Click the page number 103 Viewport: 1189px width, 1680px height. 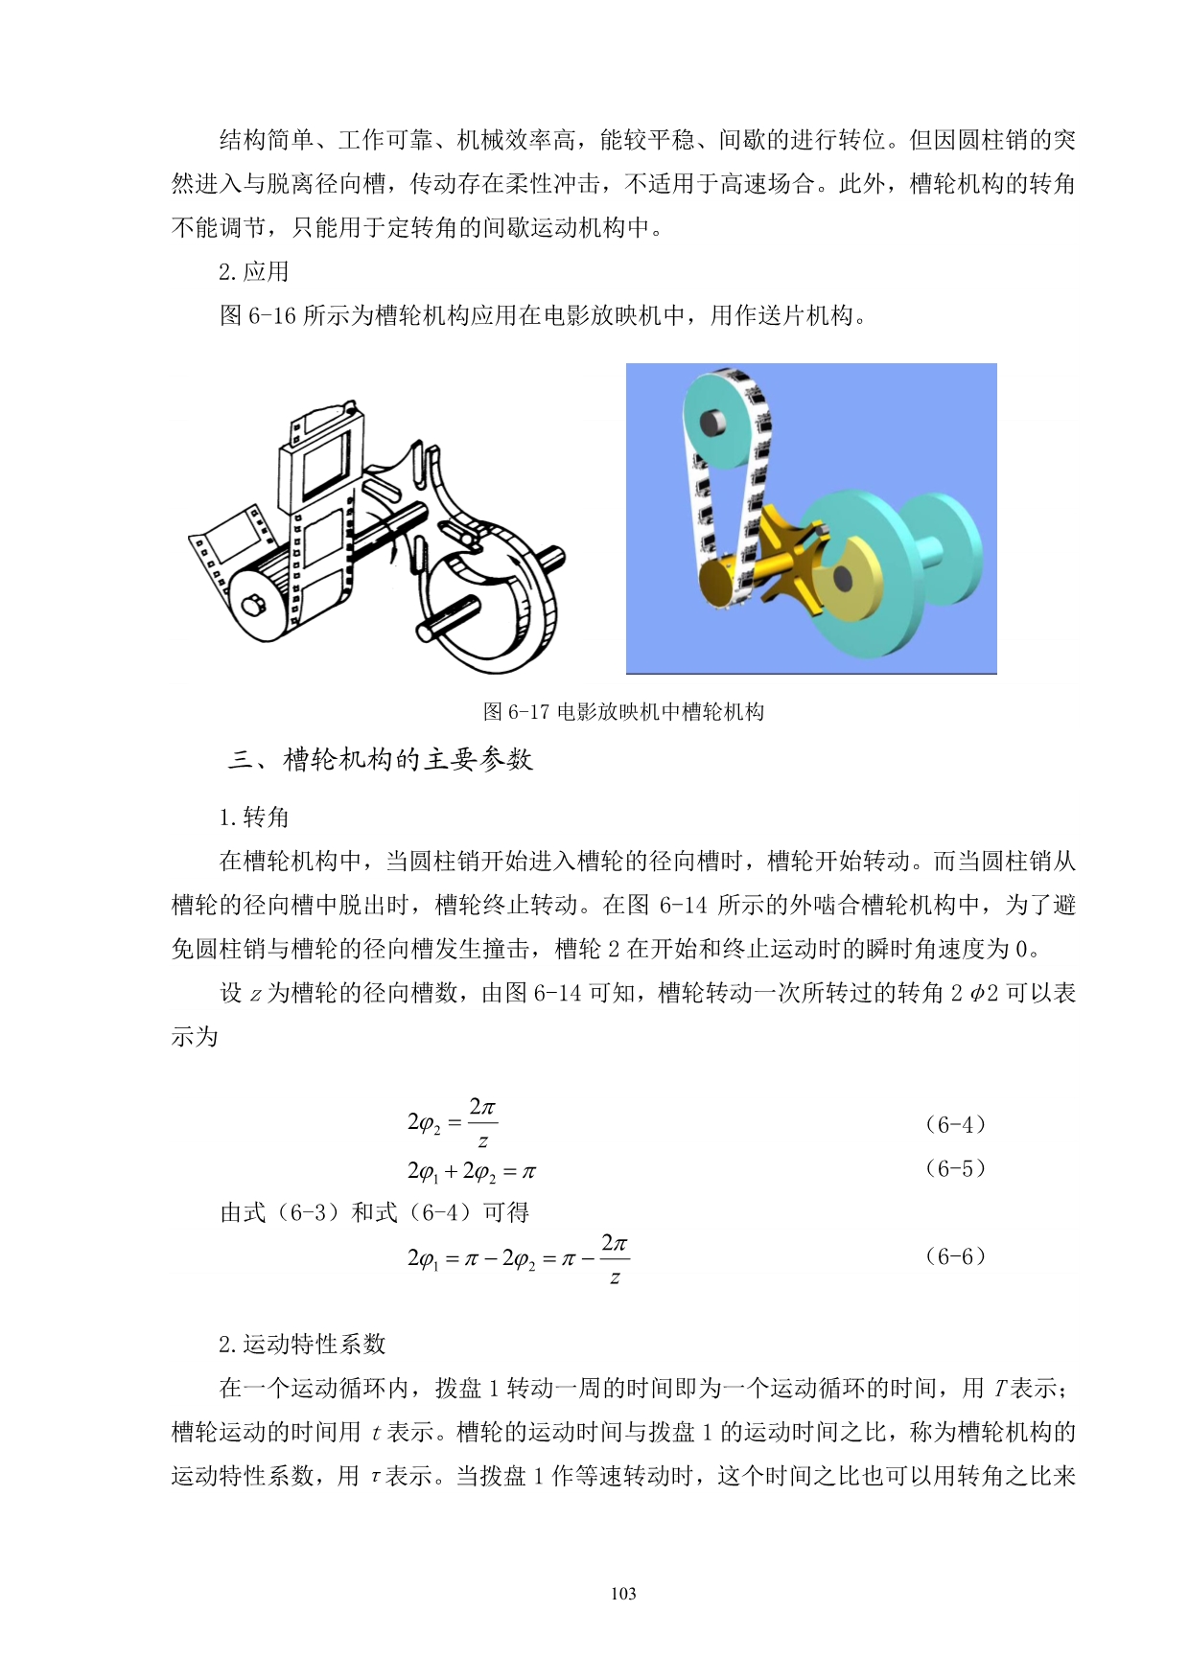[623, 1593]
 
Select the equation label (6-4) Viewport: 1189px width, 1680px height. [955, 1124]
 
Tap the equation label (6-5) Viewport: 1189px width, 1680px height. [955, 1168]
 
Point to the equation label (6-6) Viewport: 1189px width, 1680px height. [955, 1256]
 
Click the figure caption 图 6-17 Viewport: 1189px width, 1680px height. [623, 711]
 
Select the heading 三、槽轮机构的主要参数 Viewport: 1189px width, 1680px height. [381, 759]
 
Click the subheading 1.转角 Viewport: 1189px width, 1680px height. [254, 817]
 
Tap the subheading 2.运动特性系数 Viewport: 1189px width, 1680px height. [302, 1344]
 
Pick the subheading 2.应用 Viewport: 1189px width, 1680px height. [254, 271]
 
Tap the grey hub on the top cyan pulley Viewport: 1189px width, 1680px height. [713, 422]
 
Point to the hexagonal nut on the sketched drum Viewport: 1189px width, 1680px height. [253, 605]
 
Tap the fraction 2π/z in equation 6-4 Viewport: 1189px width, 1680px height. [482, 1123]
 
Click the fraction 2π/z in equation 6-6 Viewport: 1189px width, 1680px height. [615, 1257]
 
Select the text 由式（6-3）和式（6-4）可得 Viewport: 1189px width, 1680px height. [375, 1212]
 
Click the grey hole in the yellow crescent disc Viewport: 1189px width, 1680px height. [842, 578]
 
